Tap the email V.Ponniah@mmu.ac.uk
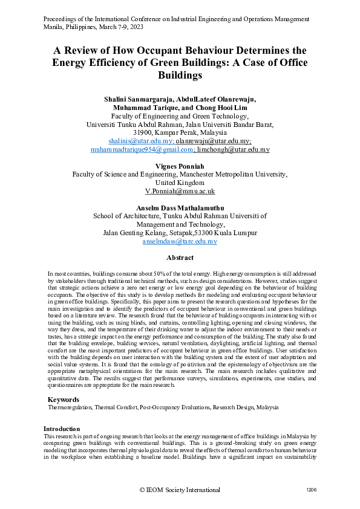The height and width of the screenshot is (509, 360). coord(180,190)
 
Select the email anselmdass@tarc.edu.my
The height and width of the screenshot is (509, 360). coord(180,241)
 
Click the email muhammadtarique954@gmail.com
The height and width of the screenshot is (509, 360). coord(142,149)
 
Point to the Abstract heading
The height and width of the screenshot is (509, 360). coord(180,257)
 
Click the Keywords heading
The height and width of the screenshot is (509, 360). coord(64,400)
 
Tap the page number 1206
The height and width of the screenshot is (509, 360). coord(312,490)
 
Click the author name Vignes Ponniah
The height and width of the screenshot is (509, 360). coord(180,165)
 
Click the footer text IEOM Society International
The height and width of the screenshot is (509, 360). coord(183,490)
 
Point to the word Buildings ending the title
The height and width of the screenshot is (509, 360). coord(180,76)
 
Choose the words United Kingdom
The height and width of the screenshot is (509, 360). coord(180,182)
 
